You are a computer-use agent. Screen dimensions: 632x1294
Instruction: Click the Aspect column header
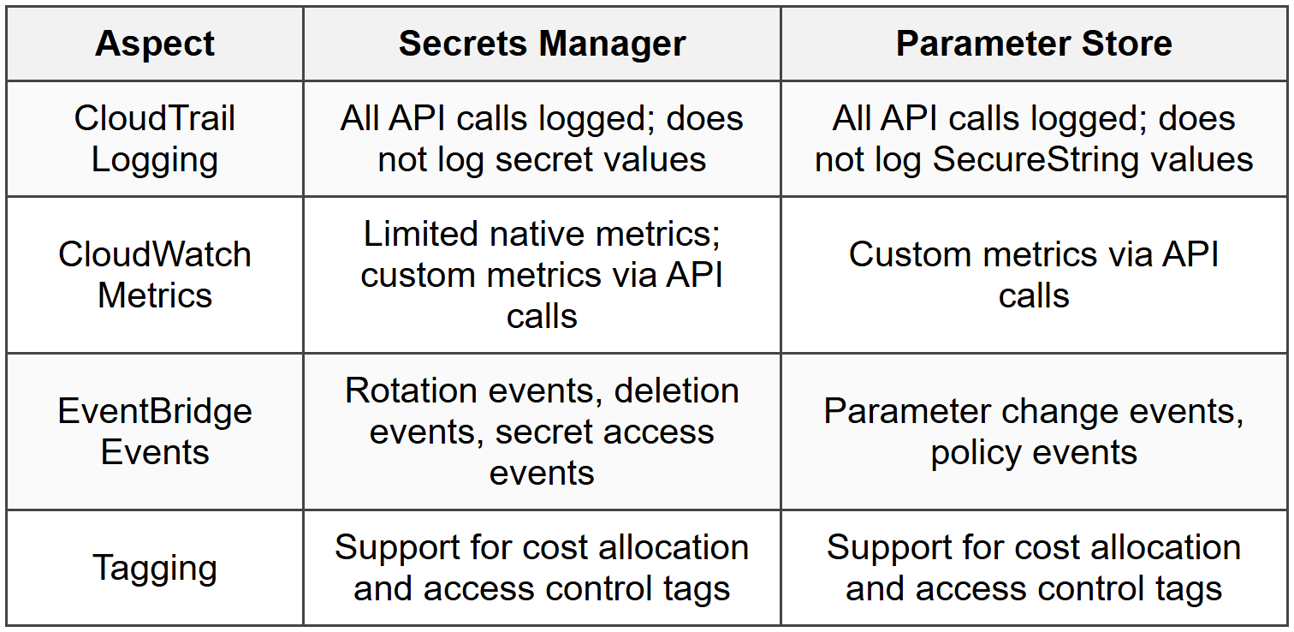pyautogui.click(x=155, y=44)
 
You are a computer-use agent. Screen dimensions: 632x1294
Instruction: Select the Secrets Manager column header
pyautogui.click(x=542, y=44)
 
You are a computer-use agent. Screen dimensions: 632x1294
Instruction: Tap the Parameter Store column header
pyautogui.click(x=1034, y=44)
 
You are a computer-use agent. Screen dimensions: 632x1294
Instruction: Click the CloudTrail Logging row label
pyautogui.click(x=155, y=139)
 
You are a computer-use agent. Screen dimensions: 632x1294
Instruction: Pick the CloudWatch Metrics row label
pyautogui.click(x=155, y=275)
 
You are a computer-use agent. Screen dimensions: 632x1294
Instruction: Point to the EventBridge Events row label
pyautogui.click(x=155, y=432)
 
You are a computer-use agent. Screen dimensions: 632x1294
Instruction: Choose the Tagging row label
pyautogui.click(x=155, y=568)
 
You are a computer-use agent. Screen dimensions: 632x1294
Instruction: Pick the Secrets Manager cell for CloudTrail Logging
pyautogui.click(x=542, y=139)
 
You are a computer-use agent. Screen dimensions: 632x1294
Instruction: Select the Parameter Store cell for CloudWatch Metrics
pyautogui.click(x=1034, y=275)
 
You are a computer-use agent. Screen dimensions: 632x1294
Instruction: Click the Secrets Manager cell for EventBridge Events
pyautogui.click(x=542, y=432)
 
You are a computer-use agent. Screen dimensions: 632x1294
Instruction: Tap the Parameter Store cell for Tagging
pyautogui.click(x=1034, y=568)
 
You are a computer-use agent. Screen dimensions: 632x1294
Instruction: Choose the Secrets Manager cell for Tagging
pyautogui.click(x=542, y=568)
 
